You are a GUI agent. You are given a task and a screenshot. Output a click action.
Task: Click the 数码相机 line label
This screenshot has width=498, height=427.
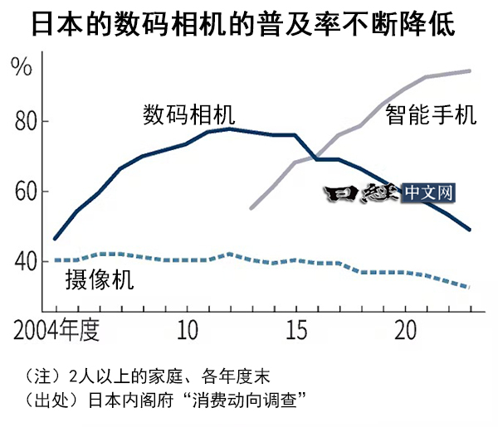coord(188,114)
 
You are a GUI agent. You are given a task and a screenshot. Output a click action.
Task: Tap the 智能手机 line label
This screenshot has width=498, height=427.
coord(431,114)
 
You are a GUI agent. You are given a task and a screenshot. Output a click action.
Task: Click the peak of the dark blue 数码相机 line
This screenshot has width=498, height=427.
coord(230,129)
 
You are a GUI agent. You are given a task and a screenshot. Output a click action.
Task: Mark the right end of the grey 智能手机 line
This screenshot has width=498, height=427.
coord(471,71)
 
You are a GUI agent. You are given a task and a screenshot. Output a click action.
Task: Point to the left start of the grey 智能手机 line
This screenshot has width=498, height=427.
coord(251,208)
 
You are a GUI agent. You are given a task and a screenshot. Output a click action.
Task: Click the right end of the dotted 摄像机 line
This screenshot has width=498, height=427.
coord(471,288)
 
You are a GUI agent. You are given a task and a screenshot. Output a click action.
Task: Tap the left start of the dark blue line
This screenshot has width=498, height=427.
coord(55,239)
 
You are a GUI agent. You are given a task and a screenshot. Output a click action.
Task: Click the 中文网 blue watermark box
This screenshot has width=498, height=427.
coord(430,193)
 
